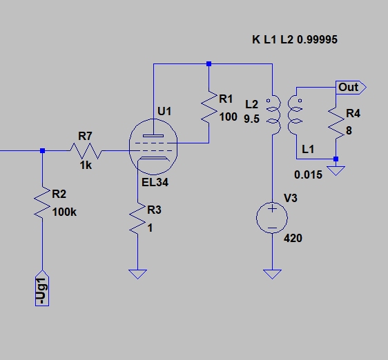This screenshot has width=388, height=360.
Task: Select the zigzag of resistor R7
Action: [86, 150]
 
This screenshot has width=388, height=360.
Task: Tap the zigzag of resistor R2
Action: [42, 203]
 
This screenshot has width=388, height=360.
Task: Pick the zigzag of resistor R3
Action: [137, 219]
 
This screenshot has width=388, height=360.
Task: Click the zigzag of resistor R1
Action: [209, 107]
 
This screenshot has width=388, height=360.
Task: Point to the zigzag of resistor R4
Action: [336, 123]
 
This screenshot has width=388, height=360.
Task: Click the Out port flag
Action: [351, 88]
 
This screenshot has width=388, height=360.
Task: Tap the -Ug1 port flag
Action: [42, 288]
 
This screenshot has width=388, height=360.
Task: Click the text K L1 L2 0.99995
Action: [295, 39]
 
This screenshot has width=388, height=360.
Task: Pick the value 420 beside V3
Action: [293, 238]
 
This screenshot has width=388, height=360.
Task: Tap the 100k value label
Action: [64, 212]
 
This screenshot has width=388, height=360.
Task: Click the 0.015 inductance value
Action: [309, 174]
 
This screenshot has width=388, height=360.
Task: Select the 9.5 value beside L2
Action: [252, 119]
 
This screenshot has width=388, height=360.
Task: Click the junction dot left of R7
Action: [42, 150]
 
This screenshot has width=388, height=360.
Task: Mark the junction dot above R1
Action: [209, 63]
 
